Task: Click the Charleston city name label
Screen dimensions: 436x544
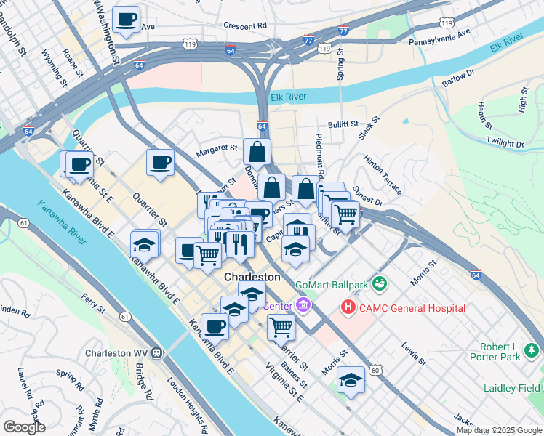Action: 252,277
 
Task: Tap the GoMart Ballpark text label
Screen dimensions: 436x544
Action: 331,281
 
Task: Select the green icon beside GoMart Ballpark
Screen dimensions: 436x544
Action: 378,282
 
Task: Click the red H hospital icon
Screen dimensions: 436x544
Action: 348,308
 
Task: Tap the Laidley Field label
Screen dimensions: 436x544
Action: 510,388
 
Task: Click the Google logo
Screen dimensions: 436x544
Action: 24,427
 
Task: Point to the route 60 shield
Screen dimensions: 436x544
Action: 375,371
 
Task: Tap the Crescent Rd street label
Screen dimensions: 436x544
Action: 245,25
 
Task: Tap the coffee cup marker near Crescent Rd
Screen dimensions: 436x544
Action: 127,19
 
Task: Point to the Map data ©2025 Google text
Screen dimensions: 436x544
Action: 499,430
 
